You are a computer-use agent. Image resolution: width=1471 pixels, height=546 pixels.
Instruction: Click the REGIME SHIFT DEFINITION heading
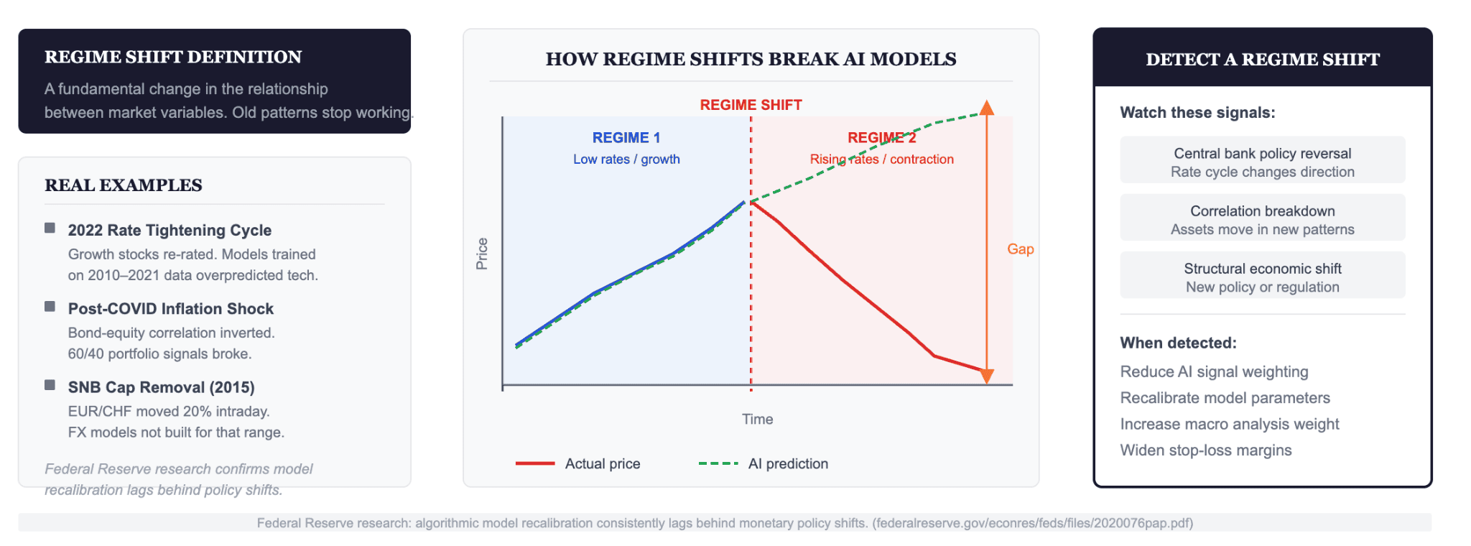coord(173,57)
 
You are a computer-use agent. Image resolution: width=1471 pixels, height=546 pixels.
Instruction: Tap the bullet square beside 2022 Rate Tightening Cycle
coord(50,228)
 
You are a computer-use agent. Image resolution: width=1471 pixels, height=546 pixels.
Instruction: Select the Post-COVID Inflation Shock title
coord(171,309)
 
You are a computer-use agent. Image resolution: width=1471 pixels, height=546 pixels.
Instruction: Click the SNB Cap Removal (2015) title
coord(161,387)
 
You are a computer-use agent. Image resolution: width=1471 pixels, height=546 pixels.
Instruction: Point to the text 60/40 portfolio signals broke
coord(159,354)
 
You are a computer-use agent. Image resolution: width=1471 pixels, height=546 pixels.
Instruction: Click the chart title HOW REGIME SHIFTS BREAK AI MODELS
coord(751,60)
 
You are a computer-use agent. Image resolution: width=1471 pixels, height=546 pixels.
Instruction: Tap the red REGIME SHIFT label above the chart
coord(751,105)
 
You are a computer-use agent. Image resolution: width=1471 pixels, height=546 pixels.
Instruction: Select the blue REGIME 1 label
coord(626,138)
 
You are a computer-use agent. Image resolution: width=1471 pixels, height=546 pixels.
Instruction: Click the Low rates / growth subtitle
coord(626,159)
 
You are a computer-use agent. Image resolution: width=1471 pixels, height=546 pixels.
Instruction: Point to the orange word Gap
coord(1020,249)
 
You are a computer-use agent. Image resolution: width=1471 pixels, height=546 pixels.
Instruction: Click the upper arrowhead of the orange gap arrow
coord(987,108)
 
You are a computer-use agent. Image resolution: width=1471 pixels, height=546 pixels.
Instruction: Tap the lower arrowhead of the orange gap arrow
coord(987,376)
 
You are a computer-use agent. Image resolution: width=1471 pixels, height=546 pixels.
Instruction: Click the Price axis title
coord(482,254)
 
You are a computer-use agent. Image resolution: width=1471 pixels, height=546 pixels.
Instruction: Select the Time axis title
coord(757,420)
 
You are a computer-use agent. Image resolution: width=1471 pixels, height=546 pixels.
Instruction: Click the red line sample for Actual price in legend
coord(535,464)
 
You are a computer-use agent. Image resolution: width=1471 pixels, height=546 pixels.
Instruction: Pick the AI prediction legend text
coord(788,464)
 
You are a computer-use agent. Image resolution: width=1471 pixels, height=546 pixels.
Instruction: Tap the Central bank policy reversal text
coord(1262,154)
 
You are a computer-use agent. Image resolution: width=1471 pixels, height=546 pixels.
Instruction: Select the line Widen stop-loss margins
coord(1205,450)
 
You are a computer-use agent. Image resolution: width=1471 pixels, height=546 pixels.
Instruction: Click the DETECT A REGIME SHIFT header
coord(1262,60)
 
